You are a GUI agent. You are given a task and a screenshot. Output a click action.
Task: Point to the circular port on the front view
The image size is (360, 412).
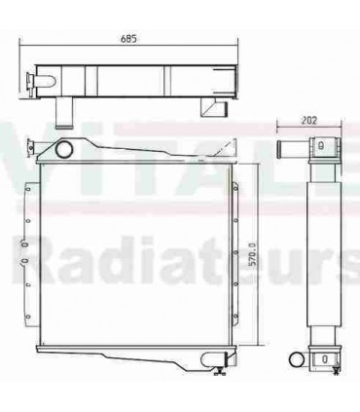pos(65,151)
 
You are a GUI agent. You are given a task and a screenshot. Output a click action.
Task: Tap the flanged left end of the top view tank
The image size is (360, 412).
pos(33,78)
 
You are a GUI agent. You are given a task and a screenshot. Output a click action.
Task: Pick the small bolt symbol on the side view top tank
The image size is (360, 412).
pos(320,147)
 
